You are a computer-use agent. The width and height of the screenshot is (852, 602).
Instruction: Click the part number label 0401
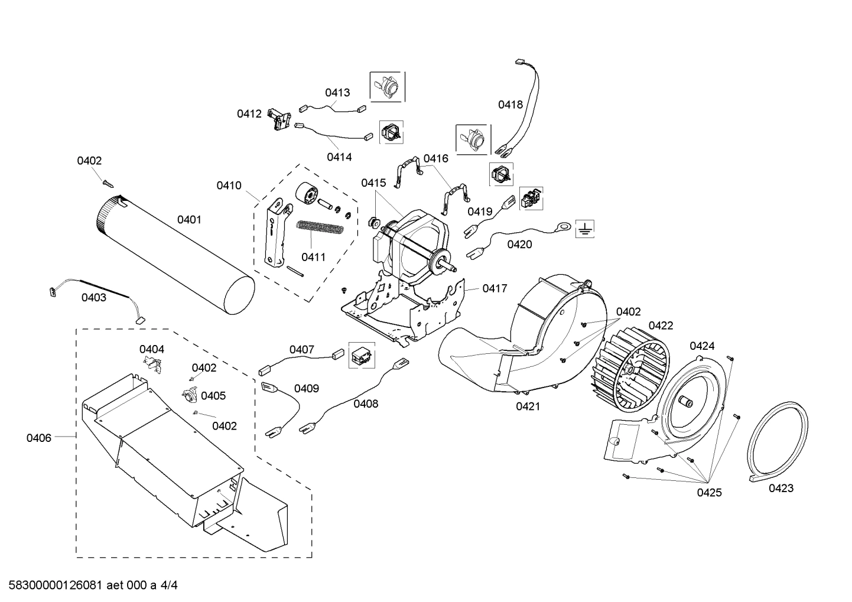pyautogui.click(x=189, y=220)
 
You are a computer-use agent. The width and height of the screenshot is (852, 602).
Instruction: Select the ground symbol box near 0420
pyautogui.click(x=585, y=229)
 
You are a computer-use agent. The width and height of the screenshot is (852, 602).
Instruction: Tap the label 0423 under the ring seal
pyautogui.click(x=781, y=488)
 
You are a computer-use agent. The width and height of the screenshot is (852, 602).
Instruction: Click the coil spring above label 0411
pyautogui.click(x=319, y=227)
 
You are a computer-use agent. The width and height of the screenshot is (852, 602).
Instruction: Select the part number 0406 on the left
pyautogui.click(x=38, y=438)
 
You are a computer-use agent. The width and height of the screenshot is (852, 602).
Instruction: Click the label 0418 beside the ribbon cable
pyautogui.click(x=510, y=105)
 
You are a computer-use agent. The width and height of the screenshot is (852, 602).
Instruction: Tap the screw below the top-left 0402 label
pyautogui.click(x=108, y=183)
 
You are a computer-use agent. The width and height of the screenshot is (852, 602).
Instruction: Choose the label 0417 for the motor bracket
pyautogui.click(x=495, y=288)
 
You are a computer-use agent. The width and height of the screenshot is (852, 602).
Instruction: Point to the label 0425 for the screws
pyautogui.click(x=709, y=493)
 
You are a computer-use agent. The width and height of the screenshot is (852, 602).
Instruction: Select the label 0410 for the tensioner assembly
pyautogui.click(x=229, y=186)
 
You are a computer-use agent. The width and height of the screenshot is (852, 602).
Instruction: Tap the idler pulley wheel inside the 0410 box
pyautogui.click(x=306, y=194)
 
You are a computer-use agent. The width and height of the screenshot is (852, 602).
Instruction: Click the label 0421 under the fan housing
pyautogui.click(x=528, y=406)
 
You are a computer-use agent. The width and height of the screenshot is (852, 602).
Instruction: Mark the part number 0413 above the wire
pyautogui.click(x=337, y=92)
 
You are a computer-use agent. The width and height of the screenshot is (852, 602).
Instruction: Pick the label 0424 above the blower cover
pyautogui.click(x=702, y=346)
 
